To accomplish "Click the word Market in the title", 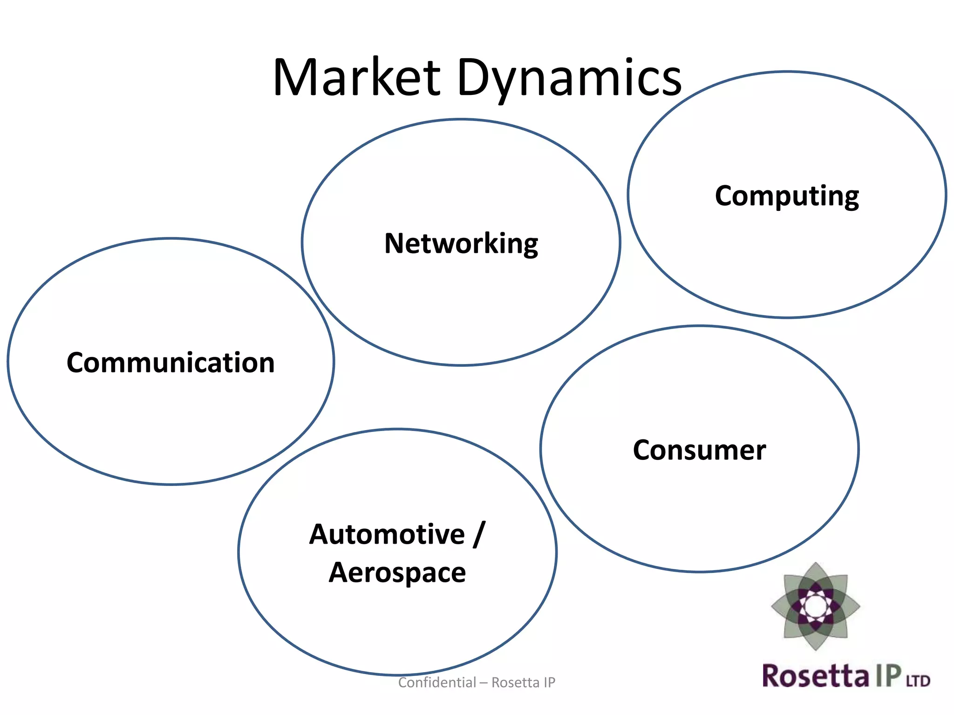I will [356, 78].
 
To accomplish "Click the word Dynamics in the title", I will [569, 78].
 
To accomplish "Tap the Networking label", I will [461, 243].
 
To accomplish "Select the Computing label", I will [787, 196].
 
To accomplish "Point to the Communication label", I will [170, 363].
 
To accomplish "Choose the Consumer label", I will [699, 450].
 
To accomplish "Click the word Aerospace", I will [397, 573].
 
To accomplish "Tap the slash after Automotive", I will [479, 534].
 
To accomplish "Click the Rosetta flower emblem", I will [815, 606].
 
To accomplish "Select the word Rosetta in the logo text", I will [815, 676].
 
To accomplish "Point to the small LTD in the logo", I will [918, 681].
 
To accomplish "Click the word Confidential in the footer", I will [437, 682].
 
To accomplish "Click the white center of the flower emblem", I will [815, 606].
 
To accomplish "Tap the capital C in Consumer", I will [643, 450].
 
